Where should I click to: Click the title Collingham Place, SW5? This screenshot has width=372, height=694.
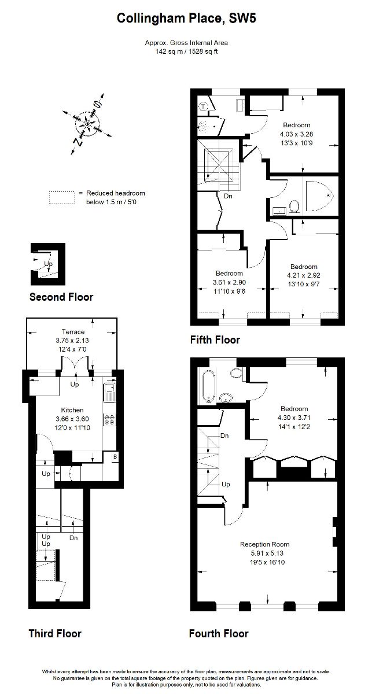point(186,20)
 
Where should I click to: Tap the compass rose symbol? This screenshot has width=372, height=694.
point(87,123)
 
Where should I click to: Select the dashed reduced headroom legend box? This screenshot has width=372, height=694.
point(62,197)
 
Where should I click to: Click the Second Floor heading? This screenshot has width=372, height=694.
point(61,297)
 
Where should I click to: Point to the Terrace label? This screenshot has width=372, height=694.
point(73,332)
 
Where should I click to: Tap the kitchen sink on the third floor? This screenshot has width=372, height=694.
point(109,393)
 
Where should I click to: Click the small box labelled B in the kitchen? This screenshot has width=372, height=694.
point(115,457)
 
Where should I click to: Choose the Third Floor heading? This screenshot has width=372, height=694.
point(55,634)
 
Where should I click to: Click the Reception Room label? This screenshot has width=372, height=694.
point(264,544)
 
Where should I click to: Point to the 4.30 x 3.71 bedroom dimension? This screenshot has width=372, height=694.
point(295,420)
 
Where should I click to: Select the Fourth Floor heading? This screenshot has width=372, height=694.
point(219,634)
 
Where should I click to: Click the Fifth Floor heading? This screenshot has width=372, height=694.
point(215,340)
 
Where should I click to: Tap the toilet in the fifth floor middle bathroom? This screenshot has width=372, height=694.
point(294,206)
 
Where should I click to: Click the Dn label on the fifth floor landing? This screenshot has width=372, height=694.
point(229,196)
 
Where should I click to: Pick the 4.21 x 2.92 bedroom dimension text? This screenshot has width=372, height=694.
point(304,275)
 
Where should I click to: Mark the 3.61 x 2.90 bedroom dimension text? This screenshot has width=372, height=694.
point(230,282)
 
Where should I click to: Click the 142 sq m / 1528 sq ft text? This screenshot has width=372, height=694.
point(186,51)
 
